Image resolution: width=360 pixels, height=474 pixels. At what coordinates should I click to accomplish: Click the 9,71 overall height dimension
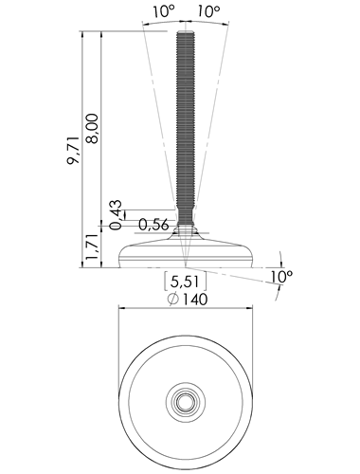pyautogui.click(x=73, y=150)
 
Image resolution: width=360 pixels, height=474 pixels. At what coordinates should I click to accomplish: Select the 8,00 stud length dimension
pyautogui.click(x=93, y=129)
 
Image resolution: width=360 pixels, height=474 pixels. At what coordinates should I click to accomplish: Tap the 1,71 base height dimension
pyautogui.click(x=93, y=247)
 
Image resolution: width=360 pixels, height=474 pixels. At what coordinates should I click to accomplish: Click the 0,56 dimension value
pyautogui.click(x=153, y=225)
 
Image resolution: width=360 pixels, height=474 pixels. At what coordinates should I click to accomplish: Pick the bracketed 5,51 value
pyautogui.click(x=185, y=282)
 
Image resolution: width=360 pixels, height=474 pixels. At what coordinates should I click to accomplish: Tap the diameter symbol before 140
pyautogui.click(x=173, y=300)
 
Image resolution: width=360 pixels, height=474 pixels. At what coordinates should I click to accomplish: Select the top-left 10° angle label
pyautogui.click(x=163, y=11)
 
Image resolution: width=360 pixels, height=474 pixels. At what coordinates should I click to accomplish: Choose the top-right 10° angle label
pyautogui.click(x=208, y=11)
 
